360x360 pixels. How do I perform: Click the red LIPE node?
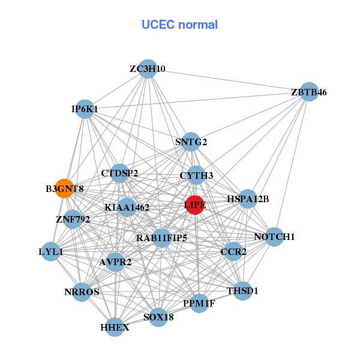click(x=194, y=205)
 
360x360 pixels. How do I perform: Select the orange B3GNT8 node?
click(x=64, y=188)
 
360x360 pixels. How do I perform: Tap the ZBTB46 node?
click(x=308, y=92)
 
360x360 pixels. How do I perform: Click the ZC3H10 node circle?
click(x=147, y=68)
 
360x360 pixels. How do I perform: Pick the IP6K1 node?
click(x=85, y=109)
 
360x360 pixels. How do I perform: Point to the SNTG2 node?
click(x=191, y=142)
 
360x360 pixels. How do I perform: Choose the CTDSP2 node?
click(x=119, y=173)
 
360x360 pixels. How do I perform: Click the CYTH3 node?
click(x=196, y=176)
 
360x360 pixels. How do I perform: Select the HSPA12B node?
click(x=248, y=199)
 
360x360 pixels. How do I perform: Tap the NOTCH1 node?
click(x=274, y=237)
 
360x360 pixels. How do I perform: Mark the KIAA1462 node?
click(x=127, y=208)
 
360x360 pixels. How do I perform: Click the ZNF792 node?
click(x=73, y=219)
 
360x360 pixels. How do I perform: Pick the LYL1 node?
click(x=51, y=252)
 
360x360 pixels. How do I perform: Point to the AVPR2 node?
click(x=115, y=262)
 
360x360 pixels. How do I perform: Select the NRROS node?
click(x=82, y=292)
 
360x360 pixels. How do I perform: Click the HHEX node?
click(x=115, y=328)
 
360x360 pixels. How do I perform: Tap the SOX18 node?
click(x=158, y=317)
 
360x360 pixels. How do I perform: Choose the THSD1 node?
click(x=242, y=291)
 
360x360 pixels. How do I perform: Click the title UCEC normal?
click(x=179, y=25)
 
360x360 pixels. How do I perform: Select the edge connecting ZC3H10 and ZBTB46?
click(x=228, y=80)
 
